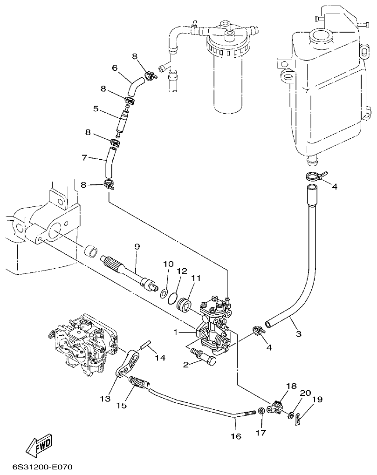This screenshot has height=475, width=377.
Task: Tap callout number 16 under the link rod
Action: (x=236, y=436)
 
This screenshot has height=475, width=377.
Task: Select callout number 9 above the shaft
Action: (x=137, y=247)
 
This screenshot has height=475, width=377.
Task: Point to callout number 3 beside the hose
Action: (x=299, y=333)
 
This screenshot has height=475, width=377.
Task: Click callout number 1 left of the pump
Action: (x=176, y=332)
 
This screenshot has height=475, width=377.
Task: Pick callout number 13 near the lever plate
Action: (x=105, y=398)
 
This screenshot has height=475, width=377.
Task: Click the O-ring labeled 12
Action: (x=173, y=298)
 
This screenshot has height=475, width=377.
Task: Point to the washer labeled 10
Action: (x=164, y=294)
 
